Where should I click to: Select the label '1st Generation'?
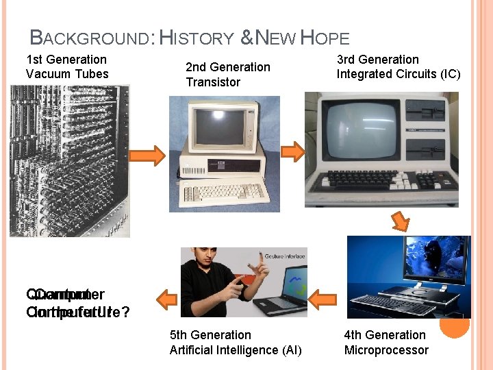tap(66, 60)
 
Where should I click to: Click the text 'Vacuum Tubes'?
tap(67, 74)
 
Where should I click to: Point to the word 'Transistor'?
tap(213, 82)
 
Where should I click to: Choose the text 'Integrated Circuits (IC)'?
tap(399, 74)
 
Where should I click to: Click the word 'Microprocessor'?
tap(386, 350)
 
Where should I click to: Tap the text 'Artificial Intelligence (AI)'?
tap(236, 350)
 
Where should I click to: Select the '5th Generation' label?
tap(210, 335)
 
